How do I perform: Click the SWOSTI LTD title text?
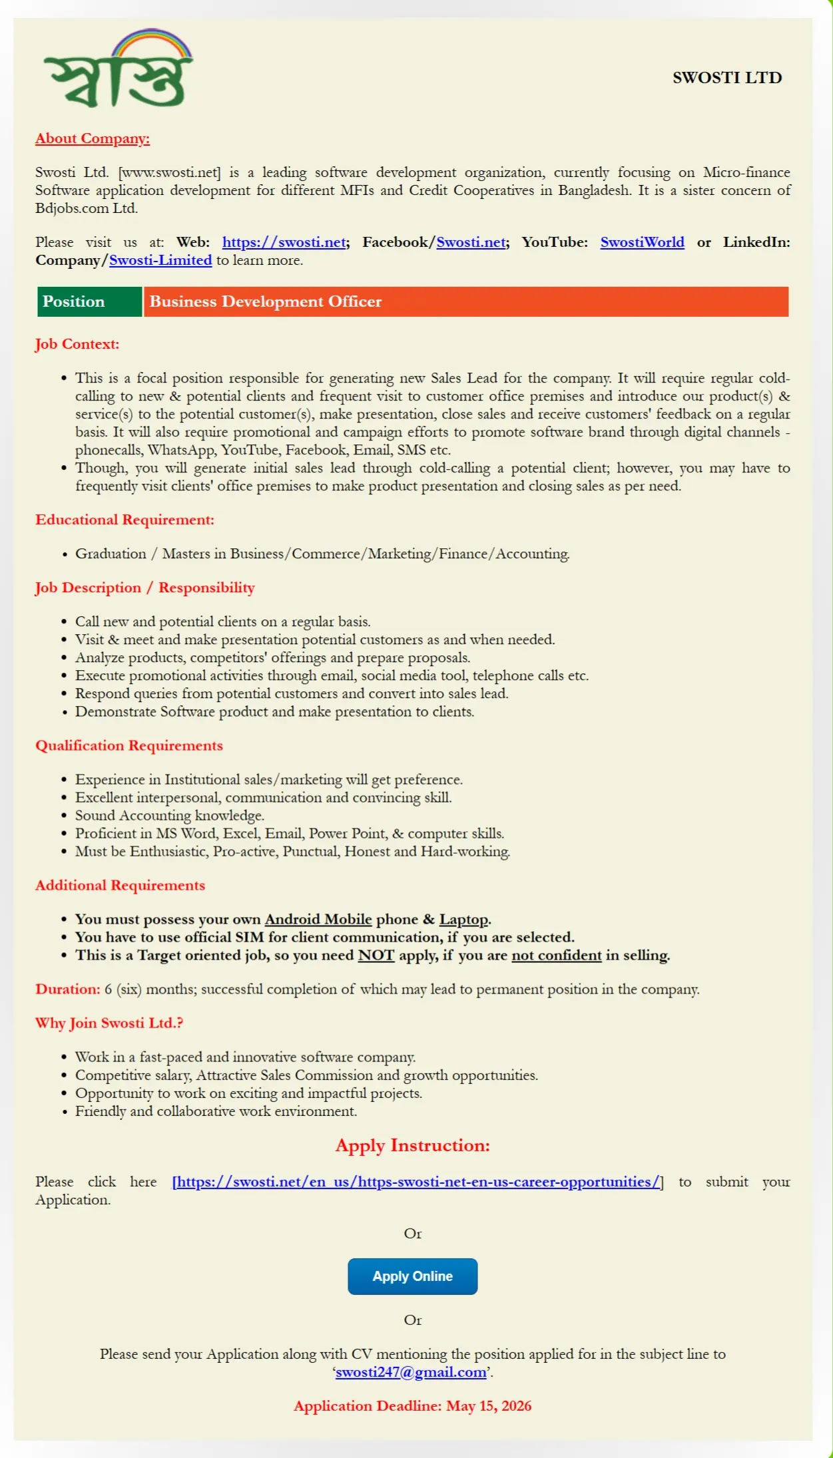pos(726,78)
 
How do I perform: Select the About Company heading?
pos(93,138)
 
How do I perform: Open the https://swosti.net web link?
pos(284,242)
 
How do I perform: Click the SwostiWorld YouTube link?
pos(642,242)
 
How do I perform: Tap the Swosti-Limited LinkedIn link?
pos(160,260)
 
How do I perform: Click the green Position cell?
pos(89,301)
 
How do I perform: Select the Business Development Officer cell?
pos(465,301)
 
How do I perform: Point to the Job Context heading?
pos(77,344)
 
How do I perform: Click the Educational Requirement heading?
pos(125,520)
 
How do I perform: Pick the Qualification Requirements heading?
pos(129,745)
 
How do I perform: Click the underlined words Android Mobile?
pos(318,919)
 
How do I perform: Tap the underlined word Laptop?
pos(463,919)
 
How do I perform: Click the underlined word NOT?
pos(376,955)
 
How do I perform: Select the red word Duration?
pos(67,989)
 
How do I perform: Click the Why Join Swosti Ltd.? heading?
pos(109,1023)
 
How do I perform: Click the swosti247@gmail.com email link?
pos(411,1372)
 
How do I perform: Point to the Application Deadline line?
pos(412,1406)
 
